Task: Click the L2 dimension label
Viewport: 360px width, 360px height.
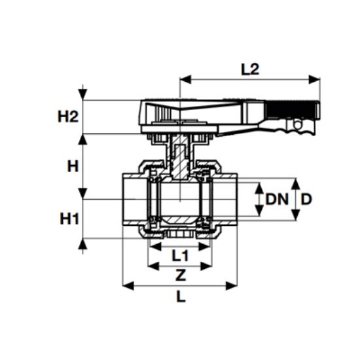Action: point(250,69)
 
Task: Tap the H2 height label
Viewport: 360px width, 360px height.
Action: point(68,117)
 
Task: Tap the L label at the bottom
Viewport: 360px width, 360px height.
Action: point(180,297)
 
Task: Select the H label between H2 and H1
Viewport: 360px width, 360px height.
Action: point(73,166)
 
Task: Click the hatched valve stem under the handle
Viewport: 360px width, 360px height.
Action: point(180,160)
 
